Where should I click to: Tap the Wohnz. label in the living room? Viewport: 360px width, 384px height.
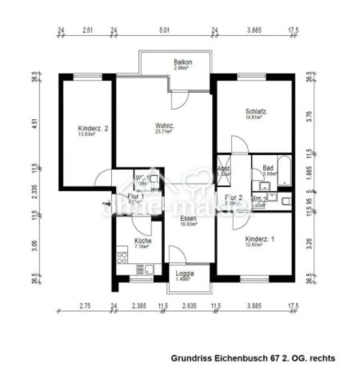click(165, 126)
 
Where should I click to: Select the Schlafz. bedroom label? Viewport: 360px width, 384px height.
click(256, 112)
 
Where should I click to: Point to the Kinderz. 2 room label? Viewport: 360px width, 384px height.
click(93, 129)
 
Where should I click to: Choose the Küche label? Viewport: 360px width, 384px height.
click(142, 241)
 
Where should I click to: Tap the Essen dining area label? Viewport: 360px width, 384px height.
click(188, 219)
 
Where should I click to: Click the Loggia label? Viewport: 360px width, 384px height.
click(184, 274)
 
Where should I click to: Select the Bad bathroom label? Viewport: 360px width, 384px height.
click(269, 169)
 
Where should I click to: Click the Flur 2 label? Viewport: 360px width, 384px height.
click(233, 198)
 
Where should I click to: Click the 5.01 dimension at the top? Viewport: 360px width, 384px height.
click(164, 30)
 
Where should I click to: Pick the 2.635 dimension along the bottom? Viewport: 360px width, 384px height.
click(189, 306)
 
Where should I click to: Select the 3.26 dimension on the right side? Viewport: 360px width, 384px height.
click(309, 243)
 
